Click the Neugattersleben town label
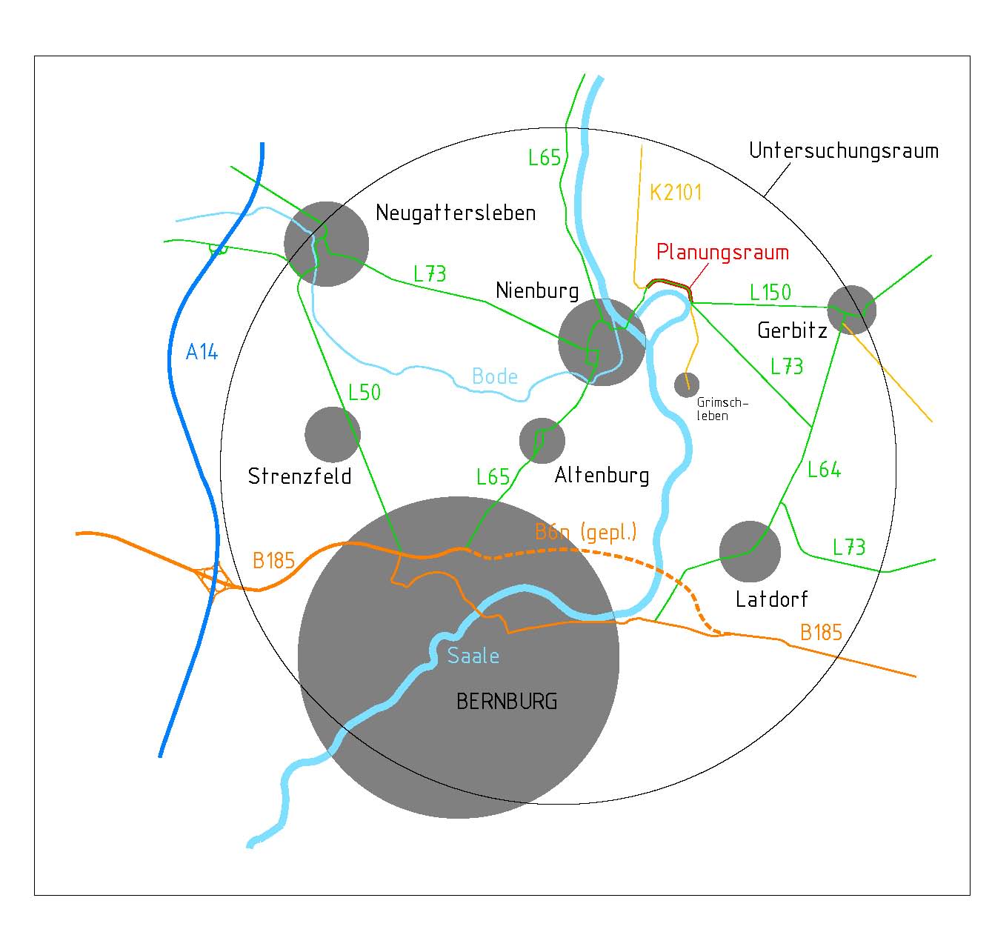pyautogui.click(x=456, y=213)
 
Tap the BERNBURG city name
pyautogui.click(x=507, y=702)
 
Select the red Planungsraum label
pyautogui.click(x=722, y=252)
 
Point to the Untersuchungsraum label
pyautogui.click(x=844, y=151)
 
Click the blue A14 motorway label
pyautogui.click(x=202, y=352)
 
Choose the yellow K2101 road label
pyautogui.click(x=676, y=193)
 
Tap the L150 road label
pyautogui.click(x=770, y=293)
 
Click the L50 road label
pyautogui.click(x=364, y=393)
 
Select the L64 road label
pyautogui.click(x=824, y=470)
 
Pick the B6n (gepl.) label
pyautogui.click(x=586, y=532)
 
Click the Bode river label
pyautogui.click(x=494, y=377)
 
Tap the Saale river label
pyautogui.click(x=473, y=656)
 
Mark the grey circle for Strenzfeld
pyautogui.click(x=333, y=434)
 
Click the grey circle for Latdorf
pyautogui.click(x=750, y=552)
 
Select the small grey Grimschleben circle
pyautogui.click(x=687, y=385)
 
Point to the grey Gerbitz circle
pyautogui.click(x=852, y=310)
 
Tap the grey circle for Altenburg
pyautogui.click(x=542, y=441)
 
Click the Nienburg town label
pyautogui.click(x=537, y=291)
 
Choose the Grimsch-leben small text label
pyautogui.click(x=722, y=409)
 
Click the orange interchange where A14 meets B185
pyautogui.click(x=214, y=579)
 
